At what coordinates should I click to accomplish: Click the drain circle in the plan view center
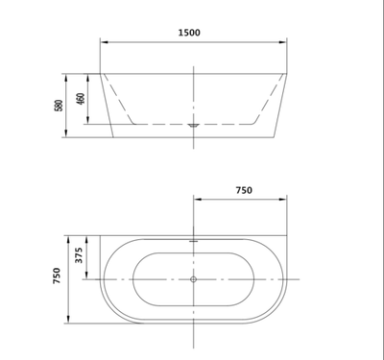point(195,280)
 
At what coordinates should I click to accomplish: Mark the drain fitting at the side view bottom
point(195,125)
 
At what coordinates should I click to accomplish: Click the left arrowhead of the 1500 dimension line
point(104,42)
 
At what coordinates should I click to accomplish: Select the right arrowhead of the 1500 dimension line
point(285,42)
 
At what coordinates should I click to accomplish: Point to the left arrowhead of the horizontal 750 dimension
point(198,200)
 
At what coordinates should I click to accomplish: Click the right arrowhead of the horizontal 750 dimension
point(285,200)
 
